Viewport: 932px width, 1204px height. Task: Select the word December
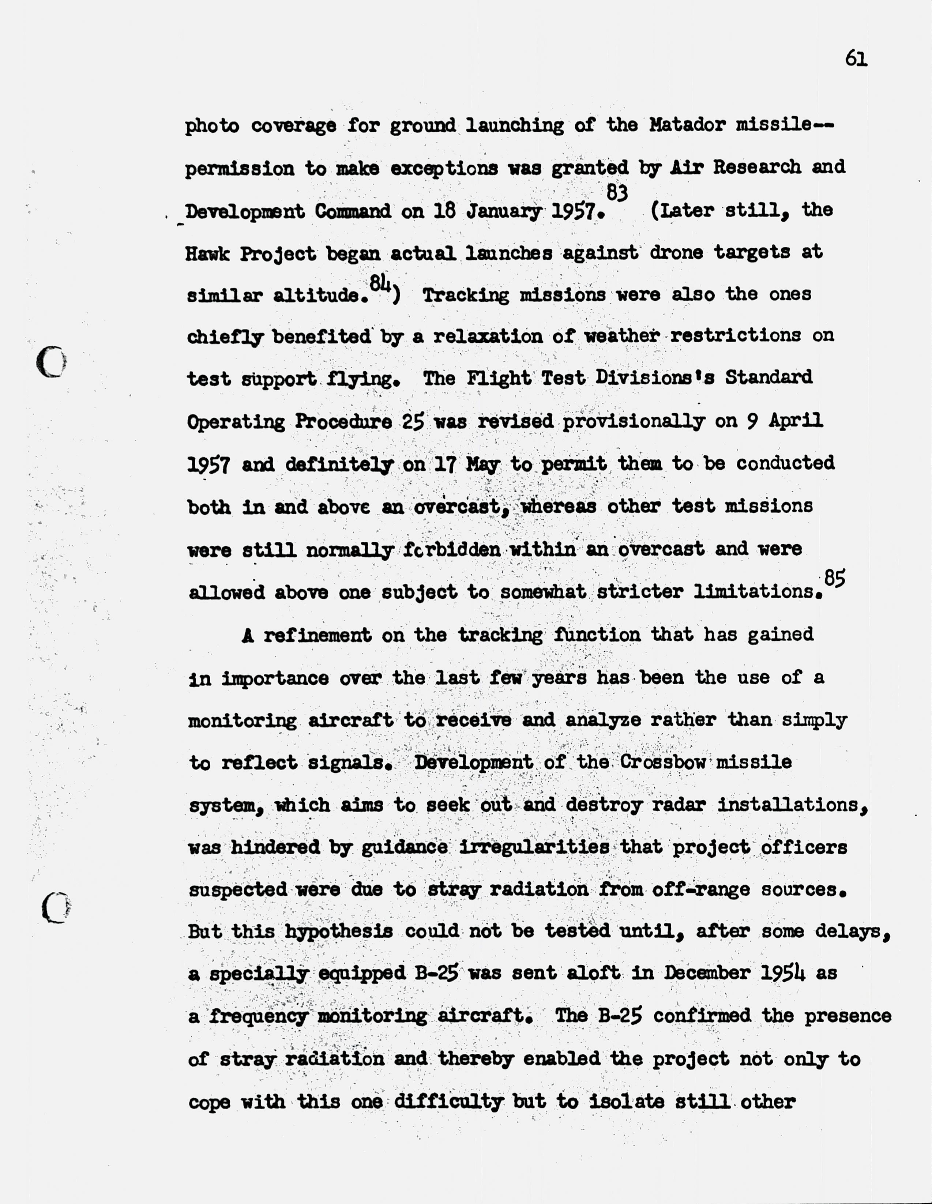706,972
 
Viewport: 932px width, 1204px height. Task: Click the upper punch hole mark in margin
51,362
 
